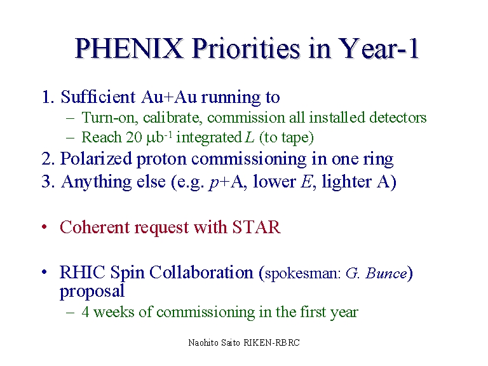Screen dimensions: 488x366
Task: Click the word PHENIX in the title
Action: tap(128, 48)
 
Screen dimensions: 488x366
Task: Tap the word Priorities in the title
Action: tap(246, 48)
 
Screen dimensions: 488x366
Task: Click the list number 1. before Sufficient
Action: tap(48, 97)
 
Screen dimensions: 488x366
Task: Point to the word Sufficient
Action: tap(98, 97)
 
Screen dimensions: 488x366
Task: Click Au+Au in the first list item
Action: tap(168, 97)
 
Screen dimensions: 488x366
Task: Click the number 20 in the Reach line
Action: tap(134, 137)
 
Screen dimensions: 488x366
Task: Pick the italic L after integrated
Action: tap(250, 137)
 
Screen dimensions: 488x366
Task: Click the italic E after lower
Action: tap(306, 182)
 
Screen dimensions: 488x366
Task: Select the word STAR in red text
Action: tap(257, 227)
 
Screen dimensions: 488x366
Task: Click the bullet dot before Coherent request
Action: tap(44, 227)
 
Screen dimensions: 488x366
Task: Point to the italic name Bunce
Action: tap(386, 274)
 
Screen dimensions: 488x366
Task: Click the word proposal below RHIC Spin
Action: tap(92, 291)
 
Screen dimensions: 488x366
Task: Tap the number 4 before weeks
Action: tap(85, 312)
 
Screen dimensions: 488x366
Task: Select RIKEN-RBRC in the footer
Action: tap(271, 342)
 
